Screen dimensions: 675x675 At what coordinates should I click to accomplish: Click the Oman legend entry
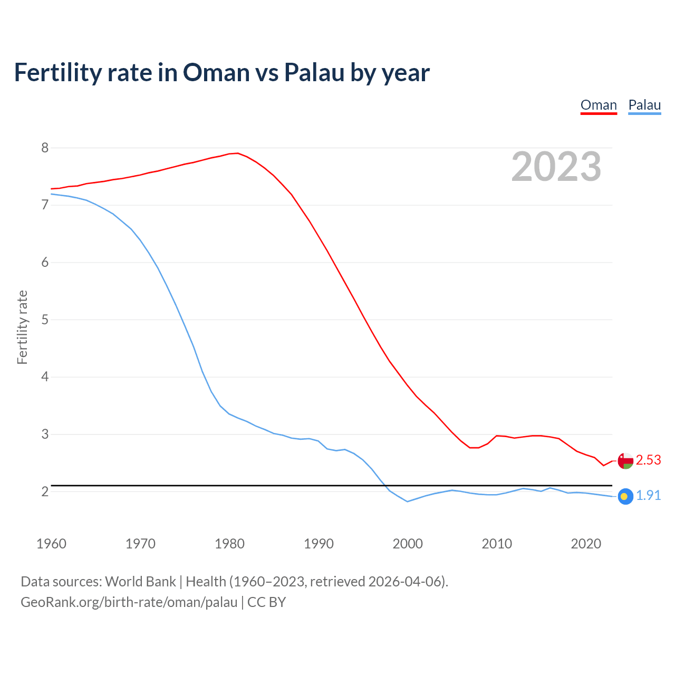[599, 105]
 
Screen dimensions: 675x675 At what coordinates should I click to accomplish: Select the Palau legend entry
[644, 105]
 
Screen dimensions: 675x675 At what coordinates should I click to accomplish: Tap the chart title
[221, 72]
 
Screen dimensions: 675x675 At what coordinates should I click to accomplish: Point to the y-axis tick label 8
[45, 148]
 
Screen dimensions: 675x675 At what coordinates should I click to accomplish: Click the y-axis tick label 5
[45, 320]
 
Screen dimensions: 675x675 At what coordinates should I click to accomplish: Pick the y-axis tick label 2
[45, 491]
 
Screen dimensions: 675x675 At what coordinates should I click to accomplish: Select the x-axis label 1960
[51, 544]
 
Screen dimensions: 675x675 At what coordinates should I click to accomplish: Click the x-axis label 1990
[319, 544]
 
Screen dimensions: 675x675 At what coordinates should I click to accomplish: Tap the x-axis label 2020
[586, 544]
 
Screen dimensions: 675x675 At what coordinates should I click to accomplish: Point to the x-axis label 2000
[408, 544]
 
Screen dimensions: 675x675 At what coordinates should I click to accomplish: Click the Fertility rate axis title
[22, 327]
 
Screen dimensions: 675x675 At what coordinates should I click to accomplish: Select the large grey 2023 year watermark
[556, 167]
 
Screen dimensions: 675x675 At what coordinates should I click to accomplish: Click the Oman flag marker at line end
[625, 460]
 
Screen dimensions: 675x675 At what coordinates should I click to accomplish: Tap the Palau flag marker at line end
[625, 496]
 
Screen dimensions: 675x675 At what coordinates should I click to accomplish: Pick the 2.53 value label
[648, 460]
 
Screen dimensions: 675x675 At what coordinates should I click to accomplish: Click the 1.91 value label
[648, 496]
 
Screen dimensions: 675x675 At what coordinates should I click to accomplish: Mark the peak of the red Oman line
[238, 153]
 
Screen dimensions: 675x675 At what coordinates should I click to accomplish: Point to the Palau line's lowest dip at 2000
[408, 502]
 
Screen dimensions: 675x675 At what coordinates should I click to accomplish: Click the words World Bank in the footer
[140, 582]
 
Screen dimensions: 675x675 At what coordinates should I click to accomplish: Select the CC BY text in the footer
[266, 602]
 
